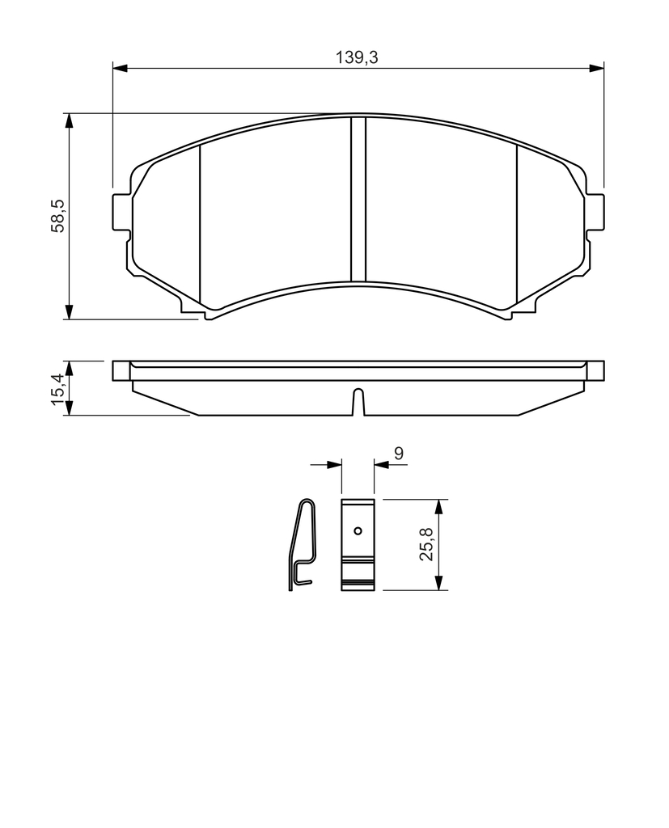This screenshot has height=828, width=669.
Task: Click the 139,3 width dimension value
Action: [x=358, y=57]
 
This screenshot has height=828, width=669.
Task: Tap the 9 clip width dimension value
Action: [x=399, y=453]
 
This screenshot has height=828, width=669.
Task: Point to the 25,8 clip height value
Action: [x=426, y=544]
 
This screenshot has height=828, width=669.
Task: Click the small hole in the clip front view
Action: [x=358, y=530]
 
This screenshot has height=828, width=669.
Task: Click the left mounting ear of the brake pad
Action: [x=121, y=213]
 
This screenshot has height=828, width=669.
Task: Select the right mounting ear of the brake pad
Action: [x=595, y=213]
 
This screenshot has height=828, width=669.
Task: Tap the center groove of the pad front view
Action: [x=358, y=199]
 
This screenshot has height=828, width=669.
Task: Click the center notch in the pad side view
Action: [x=358, y=401]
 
